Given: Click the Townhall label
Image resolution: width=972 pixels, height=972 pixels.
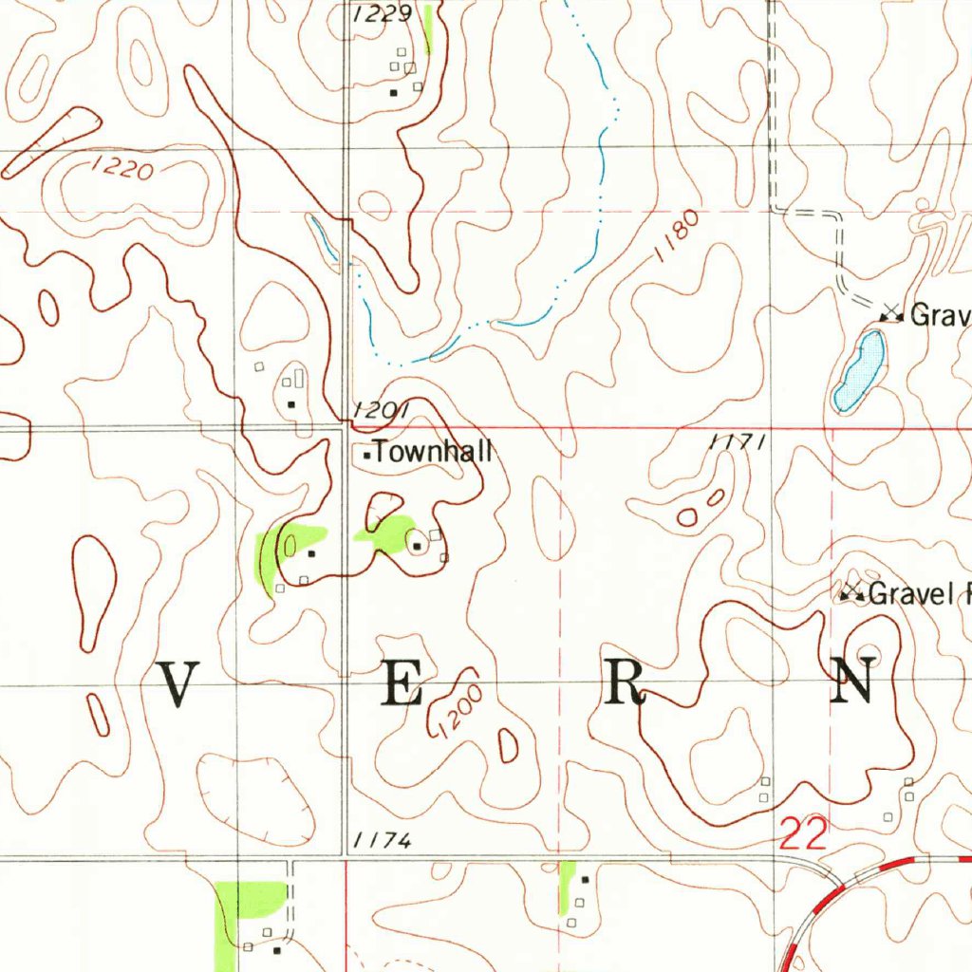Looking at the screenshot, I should [433, 453].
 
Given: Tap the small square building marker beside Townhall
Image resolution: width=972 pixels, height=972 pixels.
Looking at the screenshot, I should [366, 456].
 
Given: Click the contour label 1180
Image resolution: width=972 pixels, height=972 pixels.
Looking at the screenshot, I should [678, 237].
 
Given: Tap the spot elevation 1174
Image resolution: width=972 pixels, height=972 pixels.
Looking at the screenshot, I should [381, 841].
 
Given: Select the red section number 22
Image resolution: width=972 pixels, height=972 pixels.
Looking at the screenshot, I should [804, 834].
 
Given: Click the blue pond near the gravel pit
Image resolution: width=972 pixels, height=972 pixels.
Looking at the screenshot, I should [859, 371].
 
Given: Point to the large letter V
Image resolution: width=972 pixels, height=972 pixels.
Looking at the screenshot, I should [178, 683].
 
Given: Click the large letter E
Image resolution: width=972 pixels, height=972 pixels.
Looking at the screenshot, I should [402, 683].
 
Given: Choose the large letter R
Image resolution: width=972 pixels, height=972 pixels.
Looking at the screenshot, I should [626, 683].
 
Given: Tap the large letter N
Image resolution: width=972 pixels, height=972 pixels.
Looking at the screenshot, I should [851, 682].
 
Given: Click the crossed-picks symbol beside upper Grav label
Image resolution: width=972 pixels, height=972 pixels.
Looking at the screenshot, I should [890, 311].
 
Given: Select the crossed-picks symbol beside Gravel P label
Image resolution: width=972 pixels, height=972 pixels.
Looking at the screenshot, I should [851, 593].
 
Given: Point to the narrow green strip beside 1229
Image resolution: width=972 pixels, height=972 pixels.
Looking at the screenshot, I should [429, 28].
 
